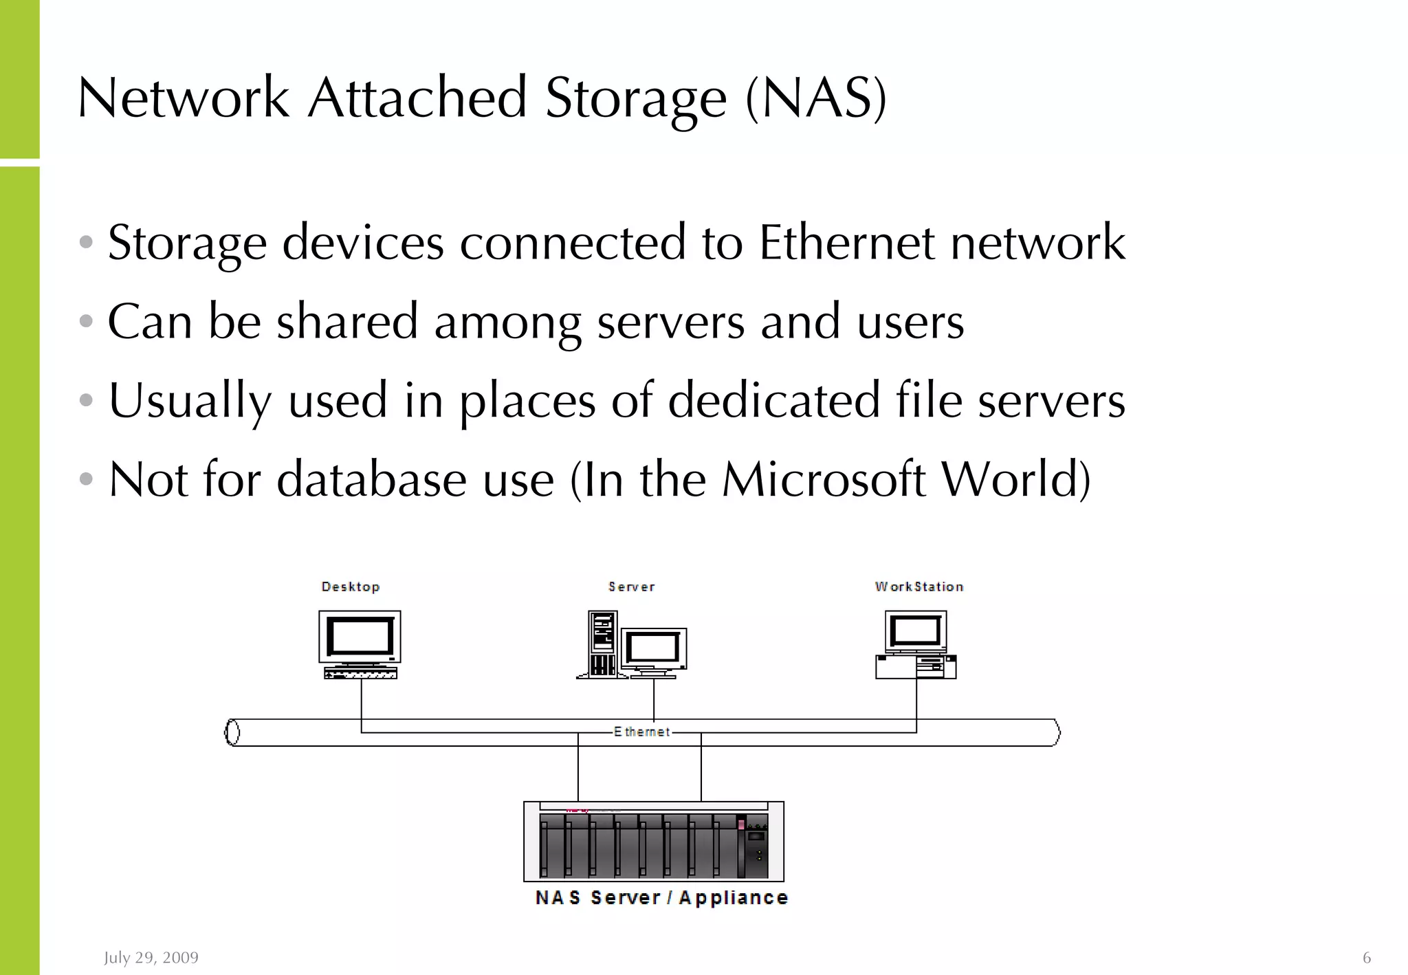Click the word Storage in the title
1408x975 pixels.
[635, 98]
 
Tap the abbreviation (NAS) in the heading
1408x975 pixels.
[817, 98]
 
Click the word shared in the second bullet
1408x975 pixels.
[347, 322]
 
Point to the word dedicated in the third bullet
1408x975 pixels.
[774, 400]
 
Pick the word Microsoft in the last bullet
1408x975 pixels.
[824, 479]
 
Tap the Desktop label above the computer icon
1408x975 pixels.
[351, 587]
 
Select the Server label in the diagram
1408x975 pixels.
[631, 587]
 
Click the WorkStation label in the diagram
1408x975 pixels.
[919, 587]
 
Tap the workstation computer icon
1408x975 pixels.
[916, 644]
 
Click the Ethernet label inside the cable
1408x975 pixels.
[641, 732]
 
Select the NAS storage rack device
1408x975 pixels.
[653, 842]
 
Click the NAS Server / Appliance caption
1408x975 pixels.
[661, 898]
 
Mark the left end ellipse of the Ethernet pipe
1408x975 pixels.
[233, 732]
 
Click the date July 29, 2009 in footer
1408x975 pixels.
[151, 957]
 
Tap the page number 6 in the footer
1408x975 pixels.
[1367, 957]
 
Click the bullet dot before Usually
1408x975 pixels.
[86, 400]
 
